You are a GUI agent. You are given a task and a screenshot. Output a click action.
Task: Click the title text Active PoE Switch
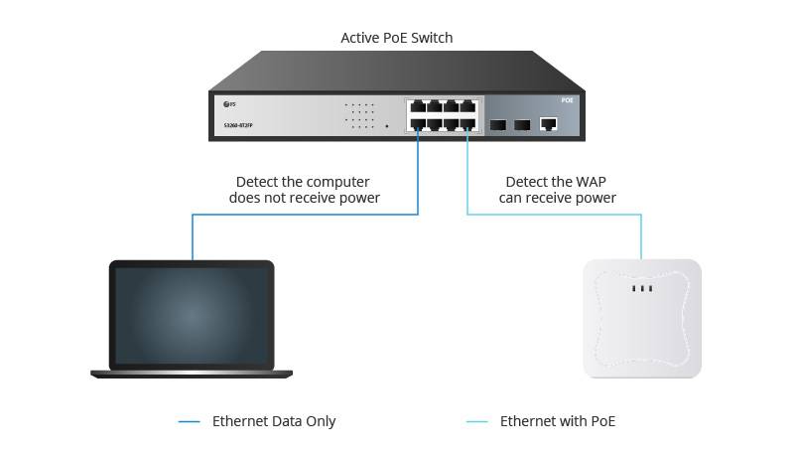[396, 38]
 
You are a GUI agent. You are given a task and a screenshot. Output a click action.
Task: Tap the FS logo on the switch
[230, 104]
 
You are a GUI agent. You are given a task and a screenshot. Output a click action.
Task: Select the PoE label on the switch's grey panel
[567, 101]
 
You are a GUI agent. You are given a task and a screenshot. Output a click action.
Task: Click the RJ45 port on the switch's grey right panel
[547, 124]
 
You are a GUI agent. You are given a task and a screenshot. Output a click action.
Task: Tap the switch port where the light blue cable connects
[466, 125]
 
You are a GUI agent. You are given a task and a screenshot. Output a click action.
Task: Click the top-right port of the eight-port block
[466, 106]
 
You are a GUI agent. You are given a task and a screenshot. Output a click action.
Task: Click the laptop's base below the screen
[191, 373]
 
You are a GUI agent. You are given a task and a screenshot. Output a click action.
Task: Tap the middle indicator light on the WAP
[642, 289]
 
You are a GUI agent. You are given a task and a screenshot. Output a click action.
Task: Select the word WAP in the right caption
[588, 182]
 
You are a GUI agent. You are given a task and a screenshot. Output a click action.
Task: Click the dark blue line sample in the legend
[189, 422]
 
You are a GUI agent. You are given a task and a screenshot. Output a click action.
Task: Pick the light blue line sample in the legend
[476, 422]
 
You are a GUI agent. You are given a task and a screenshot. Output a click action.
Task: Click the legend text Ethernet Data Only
[274, 421]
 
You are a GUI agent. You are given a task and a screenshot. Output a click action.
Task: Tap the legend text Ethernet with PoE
[558, 421]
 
